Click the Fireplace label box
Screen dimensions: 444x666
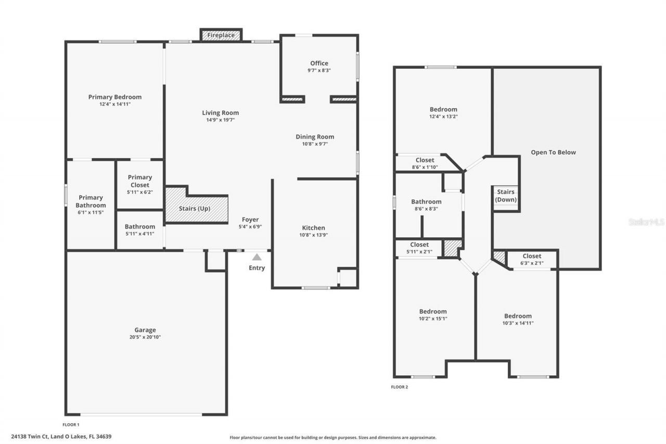tap(221, 35)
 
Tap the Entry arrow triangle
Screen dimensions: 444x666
tap(257, 257)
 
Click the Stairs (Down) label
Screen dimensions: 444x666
tap(505, 196)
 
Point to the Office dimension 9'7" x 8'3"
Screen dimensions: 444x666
tap(319, 70)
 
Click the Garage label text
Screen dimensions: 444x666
tap(145, 330)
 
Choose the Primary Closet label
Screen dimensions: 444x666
tap(140, 181)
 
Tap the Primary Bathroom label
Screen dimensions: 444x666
tap(91, 201)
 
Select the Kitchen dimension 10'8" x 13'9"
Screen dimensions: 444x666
tap(314, 235)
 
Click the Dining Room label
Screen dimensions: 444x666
tap(315, 137)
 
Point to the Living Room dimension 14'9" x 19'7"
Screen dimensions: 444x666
tap(221, 120)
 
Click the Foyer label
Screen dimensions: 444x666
tap(250, 220)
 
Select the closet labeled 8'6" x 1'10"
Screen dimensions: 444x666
tap(425, 163)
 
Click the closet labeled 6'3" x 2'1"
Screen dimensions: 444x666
tap(532, 259)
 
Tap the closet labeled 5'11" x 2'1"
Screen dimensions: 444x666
tap(419, 248)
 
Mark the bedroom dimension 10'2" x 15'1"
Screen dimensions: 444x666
tap(433, 319)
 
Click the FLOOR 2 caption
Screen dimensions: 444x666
tap(400, 387)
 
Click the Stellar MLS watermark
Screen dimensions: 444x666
tap(646, 222)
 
